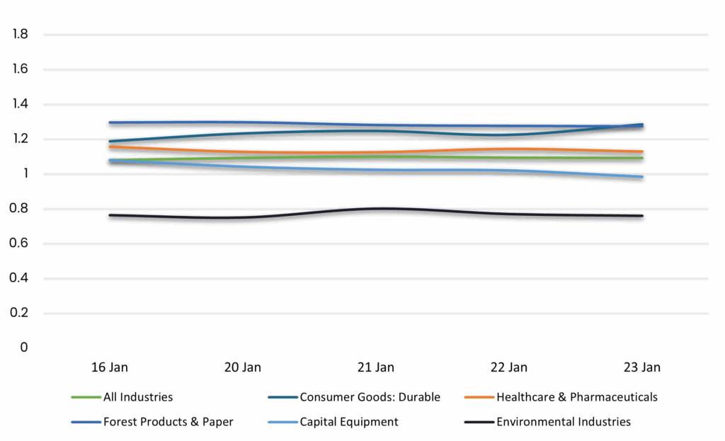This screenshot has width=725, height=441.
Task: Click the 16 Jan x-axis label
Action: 110,367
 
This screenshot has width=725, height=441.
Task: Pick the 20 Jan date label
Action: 243,367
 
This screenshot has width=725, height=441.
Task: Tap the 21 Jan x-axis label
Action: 376,367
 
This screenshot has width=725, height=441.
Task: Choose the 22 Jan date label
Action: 509,367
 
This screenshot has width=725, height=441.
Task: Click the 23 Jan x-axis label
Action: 642,367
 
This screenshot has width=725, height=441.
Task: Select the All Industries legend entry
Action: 137,397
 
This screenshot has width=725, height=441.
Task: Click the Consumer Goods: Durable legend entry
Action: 370,397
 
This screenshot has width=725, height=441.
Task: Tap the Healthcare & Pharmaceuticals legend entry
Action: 576,397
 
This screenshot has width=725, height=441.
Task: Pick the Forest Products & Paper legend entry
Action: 168,422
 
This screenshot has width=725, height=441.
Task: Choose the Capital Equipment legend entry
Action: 348,422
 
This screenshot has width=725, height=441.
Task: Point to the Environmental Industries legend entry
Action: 563,422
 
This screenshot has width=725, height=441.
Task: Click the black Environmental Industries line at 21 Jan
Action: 376,209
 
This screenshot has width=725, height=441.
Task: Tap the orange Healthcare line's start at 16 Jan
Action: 110,147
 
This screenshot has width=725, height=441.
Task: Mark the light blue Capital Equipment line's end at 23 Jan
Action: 641,177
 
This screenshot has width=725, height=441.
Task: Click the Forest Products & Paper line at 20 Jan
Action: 243,122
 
